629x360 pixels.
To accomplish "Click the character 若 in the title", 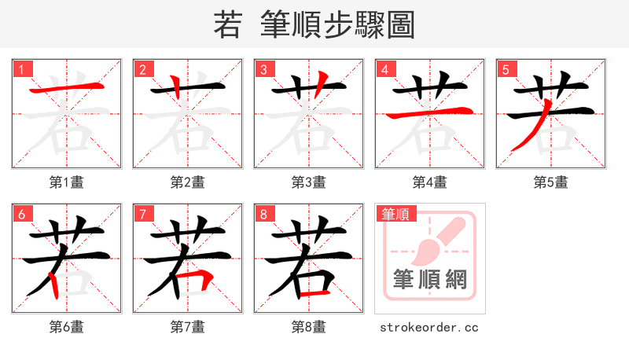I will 227,25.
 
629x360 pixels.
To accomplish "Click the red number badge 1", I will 21,69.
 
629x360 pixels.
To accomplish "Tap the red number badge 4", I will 384,69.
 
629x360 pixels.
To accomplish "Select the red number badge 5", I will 506,69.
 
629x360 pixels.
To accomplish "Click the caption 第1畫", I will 66,182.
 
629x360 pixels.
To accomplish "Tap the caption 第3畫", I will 308,182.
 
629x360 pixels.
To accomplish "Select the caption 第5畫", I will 550,182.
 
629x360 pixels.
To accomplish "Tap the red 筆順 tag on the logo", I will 397,214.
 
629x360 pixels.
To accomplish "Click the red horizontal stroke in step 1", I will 66,88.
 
